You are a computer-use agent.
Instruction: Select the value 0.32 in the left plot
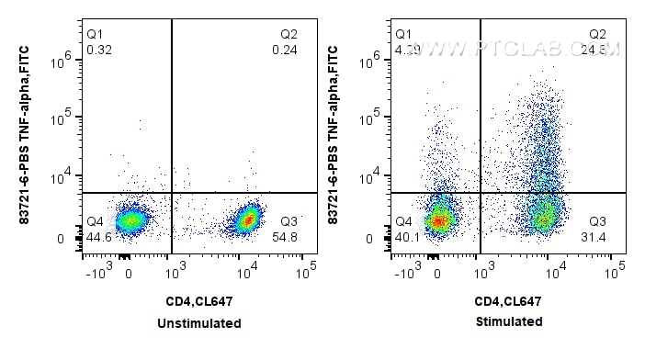coord(98,49)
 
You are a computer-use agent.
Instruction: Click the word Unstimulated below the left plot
coord(198,323)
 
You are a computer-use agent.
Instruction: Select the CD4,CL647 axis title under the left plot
coord(198,301)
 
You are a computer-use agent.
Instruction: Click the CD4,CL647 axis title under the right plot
coord(507,301)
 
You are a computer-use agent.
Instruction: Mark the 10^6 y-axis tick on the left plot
coord(66,60)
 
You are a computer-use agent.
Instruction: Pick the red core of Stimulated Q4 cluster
coord(440,220)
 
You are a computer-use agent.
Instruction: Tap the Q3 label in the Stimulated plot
coord(598,221)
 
